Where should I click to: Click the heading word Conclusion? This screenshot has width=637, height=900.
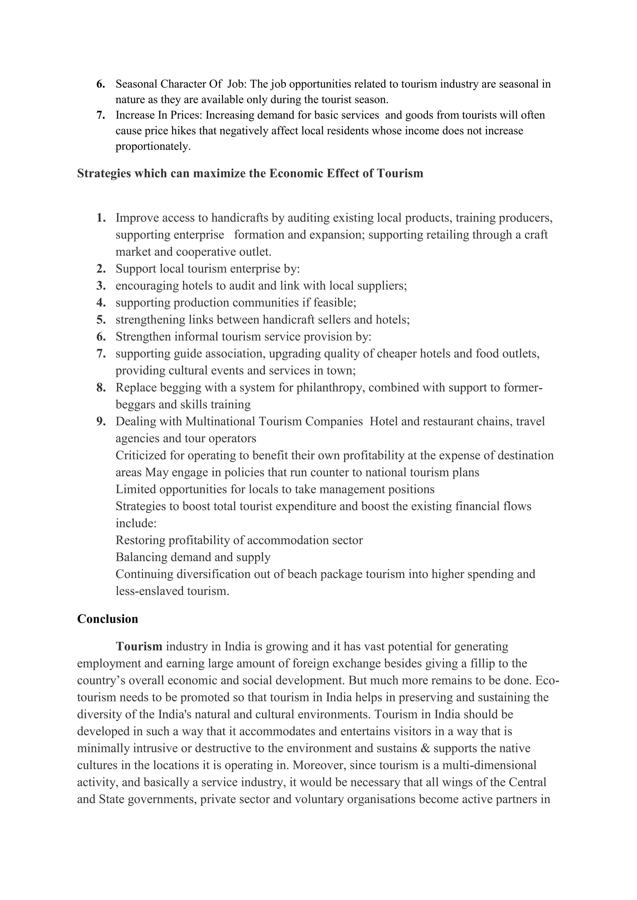[108, 619]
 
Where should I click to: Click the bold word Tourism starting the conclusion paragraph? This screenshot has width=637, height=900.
[139, 646]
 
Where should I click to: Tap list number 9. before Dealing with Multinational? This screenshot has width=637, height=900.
[101, 421]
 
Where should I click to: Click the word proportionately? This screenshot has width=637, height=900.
[153, 147]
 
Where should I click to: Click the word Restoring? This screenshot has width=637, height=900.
[140, 540]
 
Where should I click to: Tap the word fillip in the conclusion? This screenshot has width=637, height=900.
[482, 664]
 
